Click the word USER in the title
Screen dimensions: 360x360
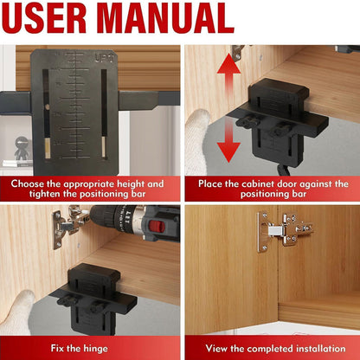click(x=55, y=19)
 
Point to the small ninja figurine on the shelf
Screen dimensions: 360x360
click(x=20, y=149)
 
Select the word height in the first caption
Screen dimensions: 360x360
click(x=140, y=183)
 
